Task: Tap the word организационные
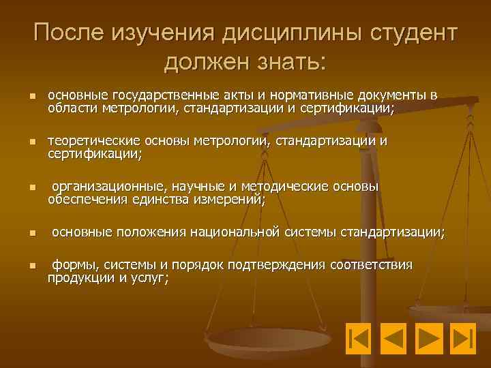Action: (x=108, y=187)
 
